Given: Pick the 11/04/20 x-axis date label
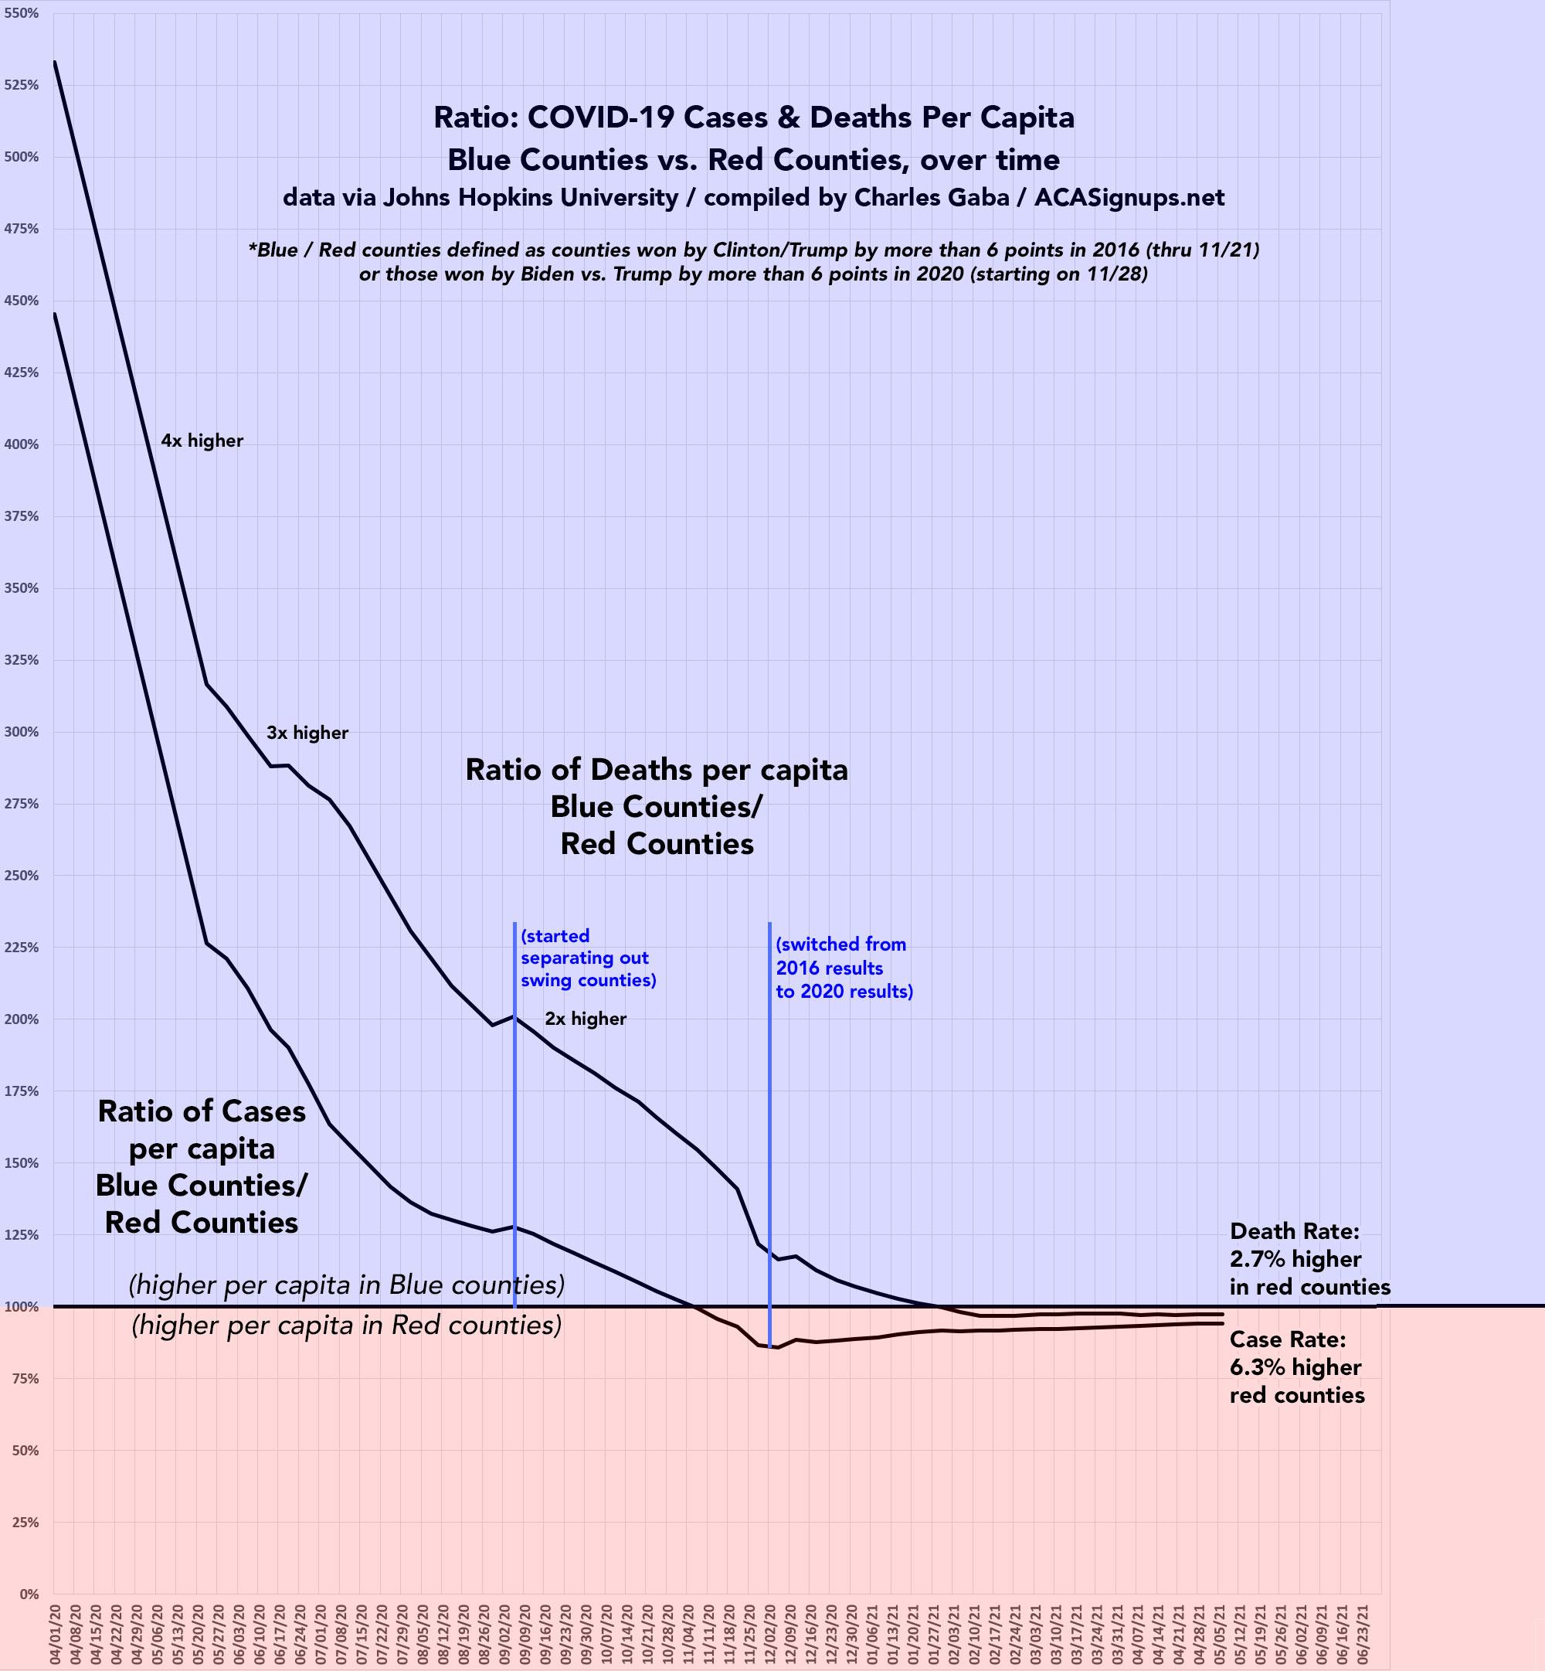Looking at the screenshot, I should click(x=690, y=1634).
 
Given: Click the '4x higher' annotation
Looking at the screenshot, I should click(x=202, y=441).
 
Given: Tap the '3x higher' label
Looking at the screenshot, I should click(x=307, y=733).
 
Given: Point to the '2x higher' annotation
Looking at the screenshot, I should click(x=586, y=1019).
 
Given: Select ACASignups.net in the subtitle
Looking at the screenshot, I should click(x=1129, y=198).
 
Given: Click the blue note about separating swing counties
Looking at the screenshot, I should click(x=588, y=958).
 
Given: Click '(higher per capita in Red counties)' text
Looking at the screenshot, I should click(x=346, y=1326).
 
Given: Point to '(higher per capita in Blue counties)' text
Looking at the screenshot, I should click(x=346, y=1285).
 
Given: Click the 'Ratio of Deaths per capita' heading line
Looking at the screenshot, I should click(x=657, y=771).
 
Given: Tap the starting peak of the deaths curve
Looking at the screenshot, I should click(x=55, y=61).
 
